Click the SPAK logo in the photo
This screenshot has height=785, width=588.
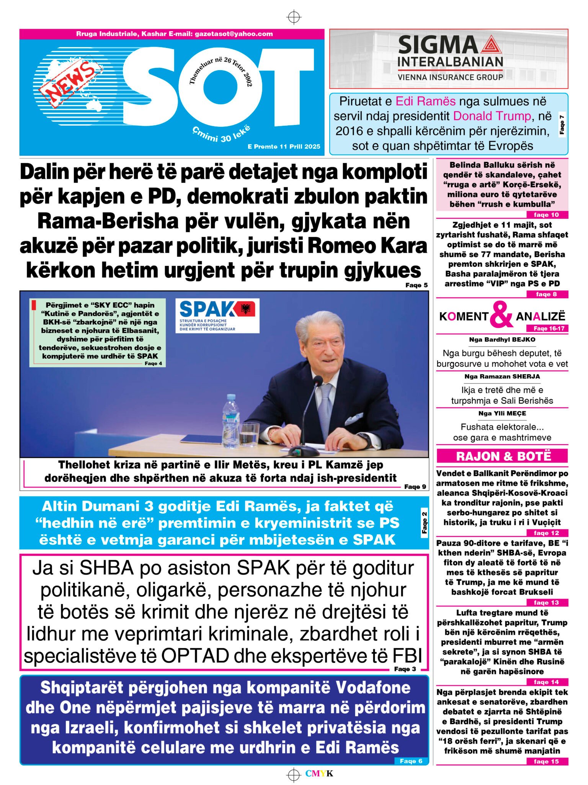217,315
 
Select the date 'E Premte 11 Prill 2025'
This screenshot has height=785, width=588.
284,146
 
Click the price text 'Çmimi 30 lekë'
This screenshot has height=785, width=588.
221,134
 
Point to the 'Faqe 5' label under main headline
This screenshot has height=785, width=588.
416,285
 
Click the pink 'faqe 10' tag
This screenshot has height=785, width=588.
546,215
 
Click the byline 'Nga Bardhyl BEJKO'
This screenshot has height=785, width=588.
502,340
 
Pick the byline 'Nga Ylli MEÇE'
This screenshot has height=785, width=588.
502,413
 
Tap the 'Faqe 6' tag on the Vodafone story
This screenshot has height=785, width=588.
411,761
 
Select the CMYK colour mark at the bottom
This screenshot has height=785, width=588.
319,774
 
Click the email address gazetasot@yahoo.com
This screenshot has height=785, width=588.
234,34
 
